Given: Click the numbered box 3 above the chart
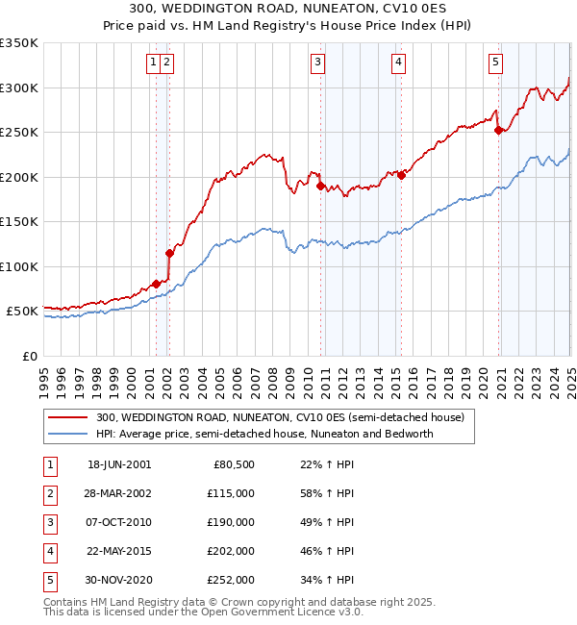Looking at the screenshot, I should pyautogui.click(x=317, y=63).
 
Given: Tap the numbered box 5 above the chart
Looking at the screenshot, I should pyautogui.click(x=495, y=63).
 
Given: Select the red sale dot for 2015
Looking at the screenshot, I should pyautogui.click(x=401, y=175).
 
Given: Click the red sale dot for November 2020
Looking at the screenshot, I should pyautogui.click(x=498, y=131).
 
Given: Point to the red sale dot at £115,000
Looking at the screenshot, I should pyautogui.click(x=169, y=253).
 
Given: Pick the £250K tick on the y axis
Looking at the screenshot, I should pyautogui.click(x=19, y=132).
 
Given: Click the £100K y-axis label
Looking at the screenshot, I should pyautogui.click(x=19, y=266).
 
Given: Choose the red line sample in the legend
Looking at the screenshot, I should pyautogui.click(x=67, y=418).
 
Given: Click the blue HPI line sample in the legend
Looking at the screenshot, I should pyautogui.click(x=67, y=434).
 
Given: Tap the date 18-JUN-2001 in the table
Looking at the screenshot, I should pyautogui.click(x=119, y=464).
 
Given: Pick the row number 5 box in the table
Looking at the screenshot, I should pyautogui.click(x=48, y=580).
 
